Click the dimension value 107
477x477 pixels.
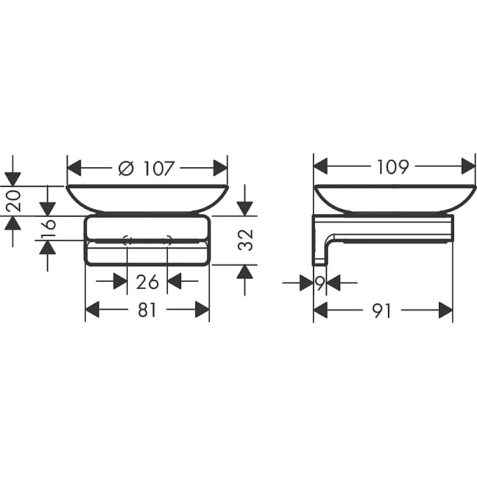coord(158,169)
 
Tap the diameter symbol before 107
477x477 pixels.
coord(127,169)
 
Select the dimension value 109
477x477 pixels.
coord(392,167)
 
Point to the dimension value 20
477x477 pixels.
coord(14,200)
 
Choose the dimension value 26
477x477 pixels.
coord(147,280)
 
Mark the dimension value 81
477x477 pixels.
coord(147,310)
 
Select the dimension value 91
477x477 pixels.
coord(382,310)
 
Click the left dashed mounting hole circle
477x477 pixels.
coord(127,240)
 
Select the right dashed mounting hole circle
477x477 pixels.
coord(168,240)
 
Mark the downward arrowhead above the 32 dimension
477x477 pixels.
coord(244,209)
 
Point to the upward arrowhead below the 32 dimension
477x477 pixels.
coord(244,272)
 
